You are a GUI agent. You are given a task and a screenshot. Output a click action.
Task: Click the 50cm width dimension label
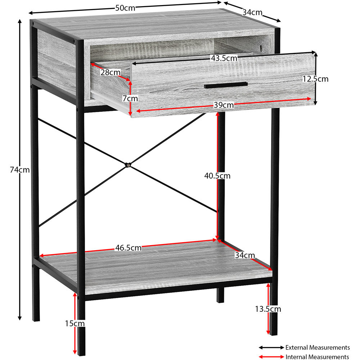pyautogui.click(x=125, y=8)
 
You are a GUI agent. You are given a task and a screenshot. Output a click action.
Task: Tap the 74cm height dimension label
pyautogui.click(x=20, y=170)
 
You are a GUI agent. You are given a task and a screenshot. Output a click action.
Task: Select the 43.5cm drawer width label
pyautogui.click(x=224, y=58)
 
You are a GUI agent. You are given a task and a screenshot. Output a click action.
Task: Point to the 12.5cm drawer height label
pyautogui.click(x=315, y=79)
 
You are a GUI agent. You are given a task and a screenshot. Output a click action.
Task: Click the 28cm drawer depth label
pyautogui.click(x=111, y=72)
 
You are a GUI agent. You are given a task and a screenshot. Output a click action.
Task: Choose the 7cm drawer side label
pyautogui.click(x=130, y=99)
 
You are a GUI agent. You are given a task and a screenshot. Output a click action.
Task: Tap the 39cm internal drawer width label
pyautogui.click(x=224, y=105)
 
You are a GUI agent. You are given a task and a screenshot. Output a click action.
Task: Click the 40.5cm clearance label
pyautogui.click(x=217, y=176)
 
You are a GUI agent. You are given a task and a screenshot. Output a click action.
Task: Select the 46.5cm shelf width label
pyautogui.click(x=129, y=248)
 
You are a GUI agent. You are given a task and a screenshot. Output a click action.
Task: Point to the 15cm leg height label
pyautogui.click(x=75, y=324)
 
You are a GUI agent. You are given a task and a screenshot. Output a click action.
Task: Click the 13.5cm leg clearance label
pyautogui.click(x=268, y=309)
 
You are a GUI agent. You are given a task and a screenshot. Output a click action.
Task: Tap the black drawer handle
pyautogui.click(x=226, y=85)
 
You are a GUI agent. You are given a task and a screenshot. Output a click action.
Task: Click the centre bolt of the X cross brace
pyautogui.click(x=128, y=165)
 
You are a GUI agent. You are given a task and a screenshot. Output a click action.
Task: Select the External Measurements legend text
pyautogui.click(x=318, y=347)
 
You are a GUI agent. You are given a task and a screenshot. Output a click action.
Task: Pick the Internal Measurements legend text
pyautogui.click(x=317, y=357)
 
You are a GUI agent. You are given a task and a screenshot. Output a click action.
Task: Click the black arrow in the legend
pyautogui.click(x=271, y=348)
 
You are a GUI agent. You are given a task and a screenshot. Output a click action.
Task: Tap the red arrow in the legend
pyautogui.click(x=271, y=357)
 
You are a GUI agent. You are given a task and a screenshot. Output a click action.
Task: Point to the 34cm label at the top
pyautogui.click(x=253, y=12)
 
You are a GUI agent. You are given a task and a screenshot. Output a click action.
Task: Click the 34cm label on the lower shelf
pyautogui.click(x=245, y=255)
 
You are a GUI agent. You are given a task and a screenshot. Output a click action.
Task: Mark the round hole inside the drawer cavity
pyautogui.click(x=261, y=48)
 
